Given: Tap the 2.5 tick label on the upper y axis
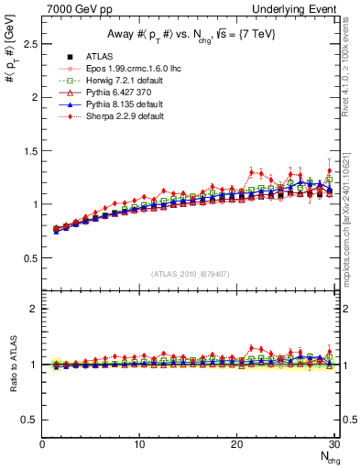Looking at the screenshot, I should pyautogui.click(x=29, y=43).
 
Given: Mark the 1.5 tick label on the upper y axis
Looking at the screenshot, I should pyautogui.click(x=29, y=150).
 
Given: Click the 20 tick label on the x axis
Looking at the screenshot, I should pyautogui.click(x=237, y=445).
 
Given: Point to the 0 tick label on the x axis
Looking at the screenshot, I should pyautogui.click(x=43, y=445).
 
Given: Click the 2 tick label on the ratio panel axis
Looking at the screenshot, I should pyautogui.click(x=34, y=309).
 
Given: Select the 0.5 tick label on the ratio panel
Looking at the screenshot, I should pyautogui.click(x=29, y=420).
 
